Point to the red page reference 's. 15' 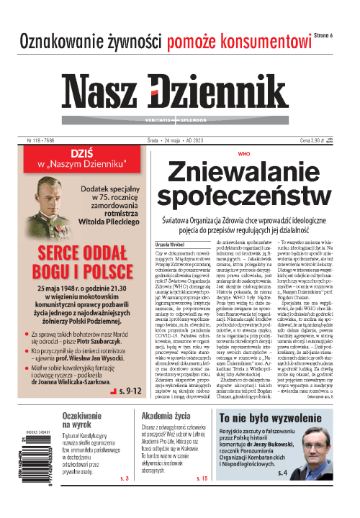(x=201, y=499)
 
